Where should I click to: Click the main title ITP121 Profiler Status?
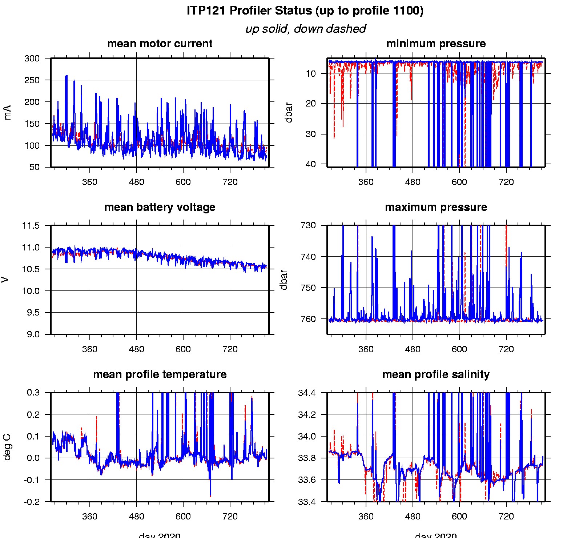(x=305, y=11)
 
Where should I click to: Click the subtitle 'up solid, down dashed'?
(x=305, y=29)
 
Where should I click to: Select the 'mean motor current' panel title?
(x=160, y=44)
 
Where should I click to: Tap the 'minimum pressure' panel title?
(x=436, y=44)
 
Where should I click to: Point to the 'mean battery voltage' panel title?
(x=160, y=207)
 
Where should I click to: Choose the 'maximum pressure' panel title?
(x=436, y=207)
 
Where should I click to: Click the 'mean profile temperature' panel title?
(x=160, y=374)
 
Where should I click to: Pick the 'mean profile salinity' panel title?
(x=436, y=374)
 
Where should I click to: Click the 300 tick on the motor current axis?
(x=32, y=59)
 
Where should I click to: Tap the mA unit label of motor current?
(x=7, y=112)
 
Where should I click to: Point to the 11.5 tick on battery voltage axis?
(x=31, y=226)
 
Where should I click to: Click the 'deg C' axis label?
(x=7, y=447)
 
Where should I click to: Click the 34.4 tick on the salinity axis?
(x=307, y=393)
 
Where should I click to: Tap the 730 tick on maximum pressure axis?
(x=308, y=225)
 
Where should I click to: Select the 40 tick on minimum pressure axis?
(x=311, y=164)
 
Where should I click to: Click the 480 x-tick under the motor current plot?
(x=136, y=182)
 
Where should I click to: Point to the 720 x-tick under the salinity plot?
(x=506, y=517)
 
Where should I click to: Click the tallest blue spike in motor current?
(x=66, y=76)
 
